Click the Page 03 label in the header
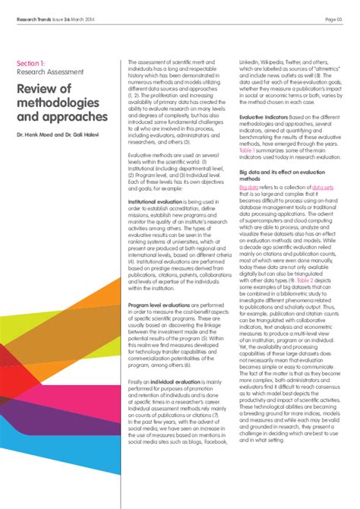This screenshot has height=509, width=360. pyautogui.click(x=336, y=18)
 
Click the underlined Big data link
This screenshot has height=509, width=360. pyautogui.click(x=248, y=186)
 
